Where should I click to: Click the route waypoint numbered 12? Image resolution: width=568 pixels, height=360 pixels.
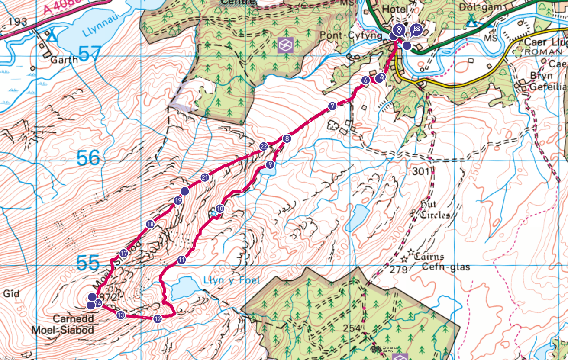(x=157, y=319)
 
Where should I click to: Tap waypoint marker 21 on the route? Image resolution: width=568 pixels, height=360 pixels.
(x=205, y=177)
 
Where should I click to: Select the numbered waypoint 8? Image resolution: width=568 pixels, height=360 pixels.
(x=286, y=139)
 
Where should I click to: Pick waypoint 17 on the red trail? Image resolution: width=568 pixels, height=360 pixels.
(x=123, y=254)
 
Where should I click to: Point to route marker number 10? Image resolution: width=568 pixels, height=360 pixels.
(x=220, y=209)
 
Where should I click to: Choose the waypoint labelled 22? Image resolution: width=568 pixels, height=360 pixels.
(x=264, y=146)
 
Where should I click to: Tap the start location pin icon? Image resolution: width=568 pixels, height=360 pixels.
(x=399, y=30)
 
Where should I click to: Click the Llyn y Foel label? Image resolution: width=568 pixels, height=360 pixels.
(x=232, y=280)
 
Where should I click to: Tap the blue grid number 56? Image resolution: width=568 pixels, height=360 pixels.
(x=89, y=158)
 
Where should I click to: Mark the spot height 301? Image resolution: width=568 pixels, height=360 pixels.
(x=420, y=172)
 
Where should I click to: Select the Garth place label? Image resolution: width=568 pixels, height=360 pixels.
(x=64, y=60)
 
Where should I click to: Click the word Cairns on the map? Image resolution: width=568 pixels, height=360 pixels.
(x=429, y=256)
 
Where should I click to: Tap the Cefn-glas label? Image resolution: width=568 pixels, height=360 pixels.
(x=446, y=267)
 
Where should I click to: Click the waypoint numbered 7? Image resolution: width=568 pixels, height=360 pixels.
(x=332, y=106)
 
